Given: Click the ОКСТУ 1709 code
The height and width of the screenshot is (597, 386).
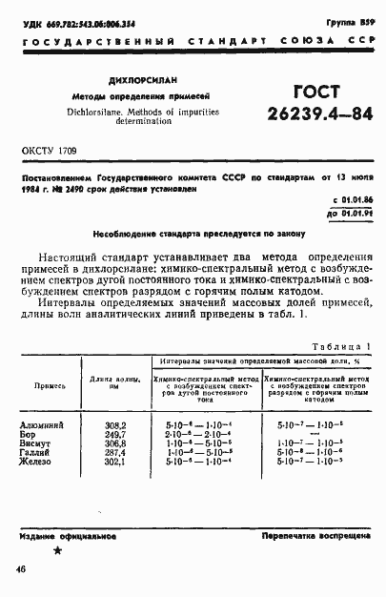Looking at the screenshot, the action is coord(48,152).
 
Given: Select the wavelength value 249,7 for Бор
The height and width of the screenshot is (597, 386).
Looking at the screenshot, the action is coord(115,432).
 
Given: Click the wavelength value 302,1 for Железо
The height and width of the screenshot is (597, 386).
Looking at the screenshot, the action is coord(115,461).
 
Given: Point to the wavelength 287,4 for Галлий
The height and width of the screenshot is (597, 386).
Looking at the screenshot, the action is coord(115,451).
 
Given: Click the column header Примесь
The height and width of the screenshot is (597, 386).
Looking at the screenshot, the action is coord(50,385).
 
